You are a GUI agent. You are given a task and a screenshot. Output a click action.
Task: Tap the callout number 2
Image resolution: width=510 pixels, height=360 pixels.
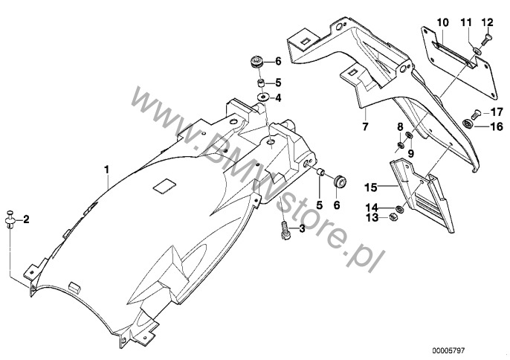[27, 219]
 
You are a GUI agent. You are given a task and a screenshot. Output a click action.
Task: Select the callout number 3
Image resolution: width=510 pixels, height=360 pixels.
[302, 229]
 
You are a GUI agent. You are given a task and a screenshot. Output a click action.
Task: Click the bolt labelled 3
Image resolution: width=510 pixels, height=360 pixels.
[284, 230]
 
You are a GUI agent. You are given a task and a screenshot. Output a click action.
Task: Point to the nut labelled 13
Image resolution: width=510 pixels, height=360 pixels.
[392, 216]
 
